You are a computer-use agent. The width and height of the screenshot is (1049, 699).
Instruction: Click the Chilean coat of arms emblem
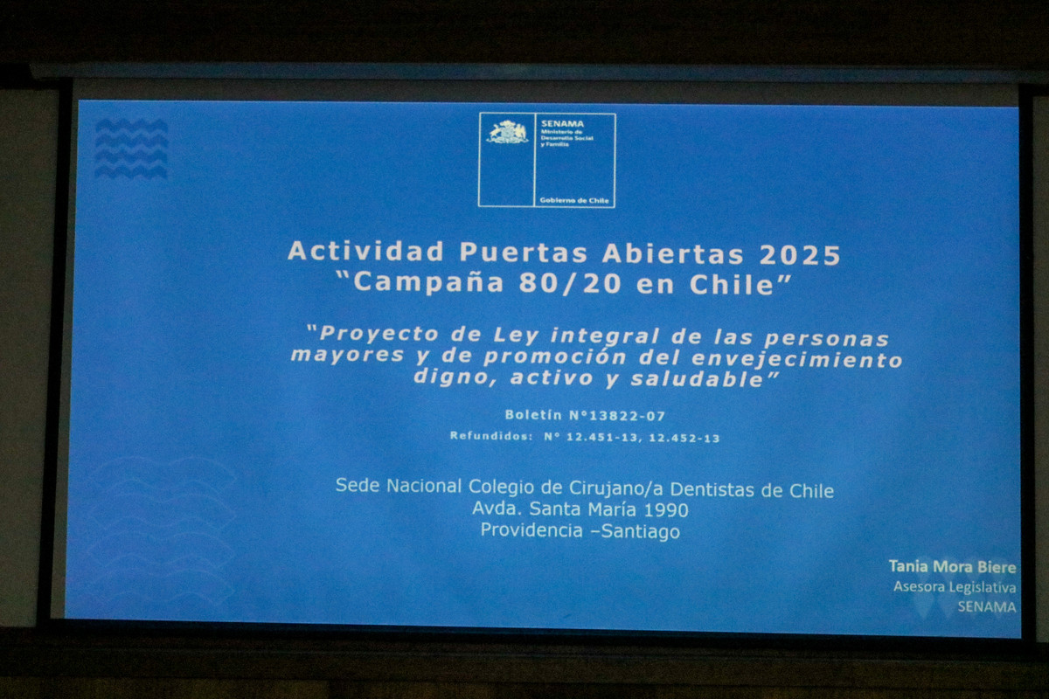pyautogui.click(x=507, y=132)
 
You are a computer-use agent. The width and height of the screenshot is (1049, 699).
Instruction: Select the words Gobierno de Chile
pyautogui.click(x=574, y=200)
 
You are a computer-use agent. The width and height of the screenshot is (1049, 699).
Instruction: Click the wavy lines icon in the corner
pyautogui.click(x=131, y=149)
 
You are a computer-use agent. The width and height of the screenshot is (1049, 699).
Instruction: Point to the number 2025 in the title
pyautogui.click(x=800, y=254)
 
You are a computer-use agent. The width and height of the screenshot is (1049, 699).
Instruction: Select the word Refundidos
pyautogui.click(x=490, y=436)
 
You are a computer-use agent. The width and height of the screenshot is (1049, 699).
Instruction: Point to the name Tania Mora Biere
pyautogui.click(x=952, y=566)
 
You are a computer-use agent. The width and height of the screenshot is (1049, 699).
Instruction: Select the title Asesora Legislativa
pyautogui.click(x=954, y=587)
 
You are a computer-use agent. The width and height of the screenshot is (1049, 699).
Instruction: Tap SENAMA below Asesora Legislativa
pyautogui.click(x=986, y=606)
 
